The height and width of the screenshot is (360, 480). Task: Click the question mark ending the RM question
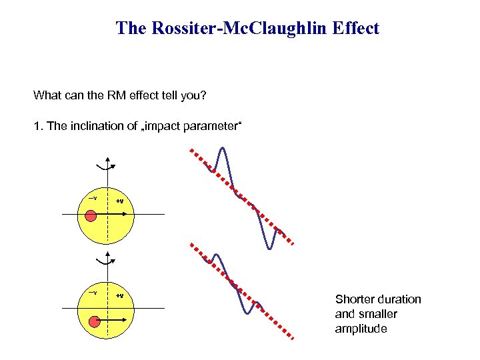tap(205, 95)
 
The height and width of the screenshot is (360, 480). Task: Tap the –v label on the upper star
tap(93, 198)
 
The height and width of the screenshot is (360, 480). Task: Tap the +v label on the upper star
tap(119, 201)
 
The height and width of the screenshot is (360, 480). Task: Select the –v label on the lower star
tap(93, 293)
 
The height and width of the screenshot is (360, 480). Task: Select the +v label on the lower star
tap(119, 295)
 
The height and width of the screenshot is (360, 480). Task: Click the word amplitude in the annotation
tap(361, 329)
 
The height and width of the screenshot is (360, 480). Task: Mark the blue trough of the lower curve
tap(248, 311)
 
